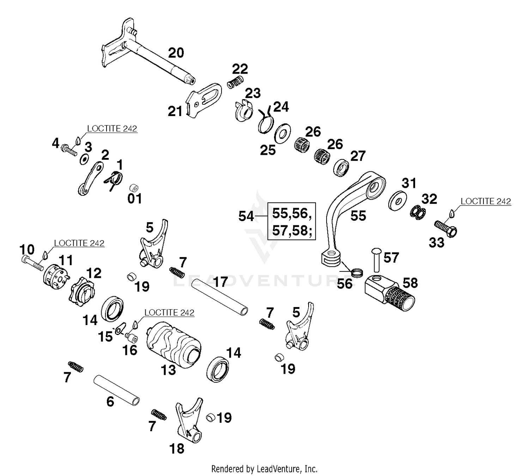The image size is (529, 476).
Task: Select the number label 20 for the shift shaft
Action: click(176, 53)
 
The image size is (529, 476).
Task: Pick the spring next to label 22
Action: click(235, 82)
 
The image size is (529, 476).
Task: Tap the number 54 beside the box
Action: click(246, 216)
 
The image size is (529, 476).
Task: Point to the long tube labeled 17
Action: click(219, 296)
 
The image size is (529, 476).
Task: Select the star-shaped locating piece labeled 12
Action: click(83, 291)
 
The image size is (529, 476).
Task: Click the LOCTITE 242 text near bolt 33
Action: click(486, 201)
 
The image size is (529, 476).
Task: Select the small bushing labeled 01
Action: click(134, 187)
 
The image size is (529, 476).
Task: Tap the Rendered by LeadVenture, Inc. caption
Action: click(264, 469)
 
